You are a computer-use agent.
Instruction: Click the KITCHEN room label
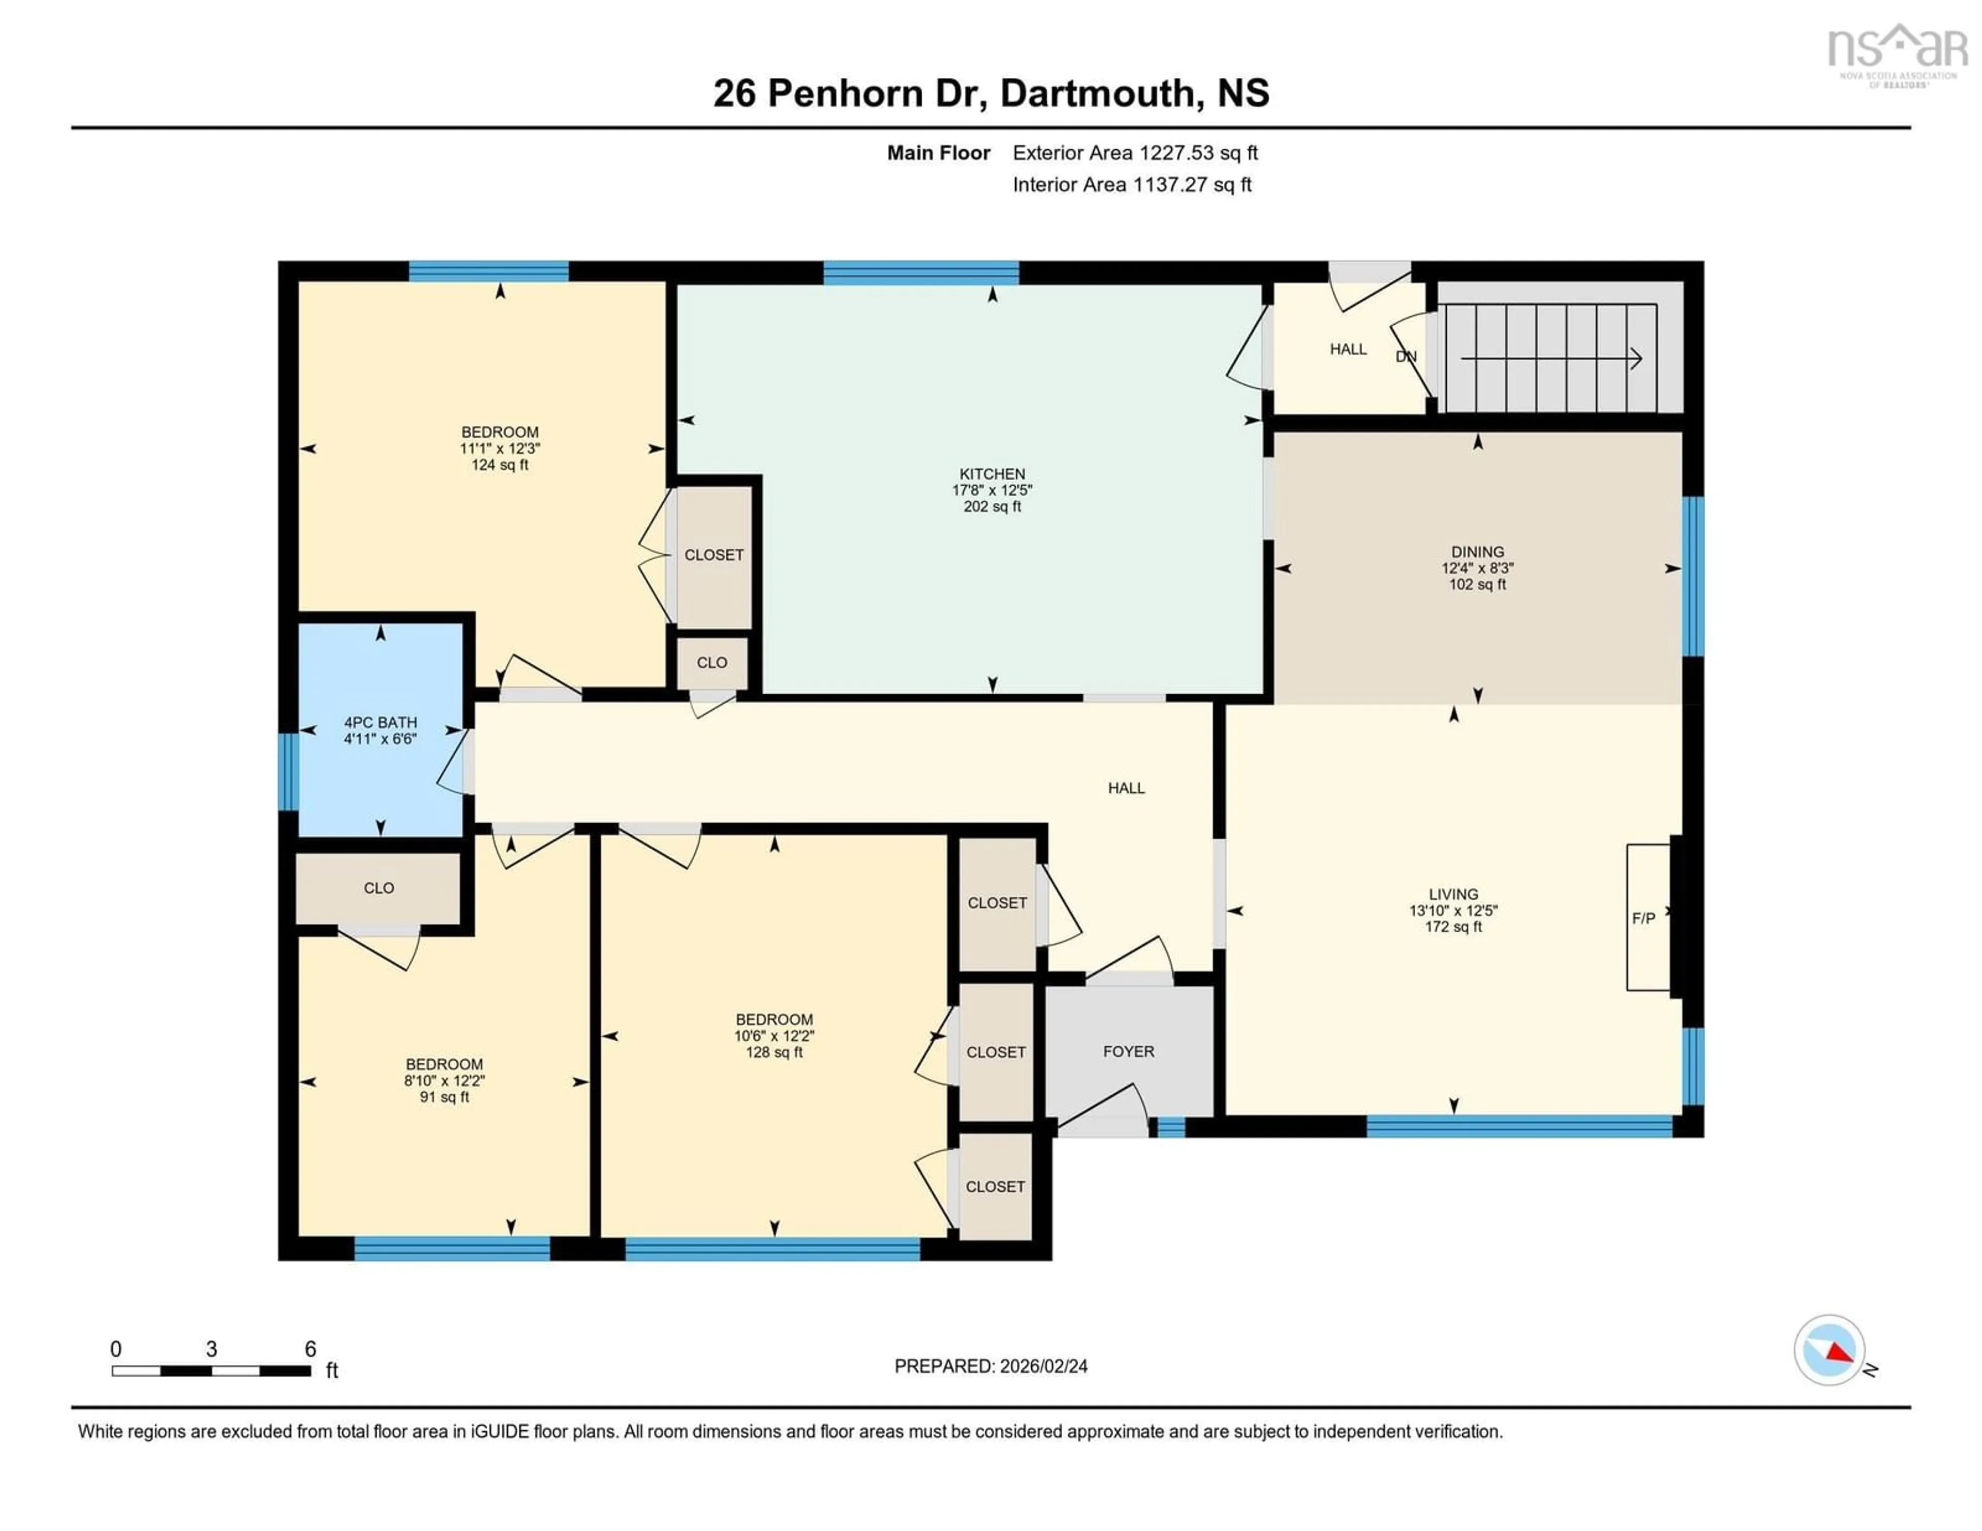coord(992,474)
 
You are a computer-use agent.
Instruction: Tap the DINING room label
coord(1477,552)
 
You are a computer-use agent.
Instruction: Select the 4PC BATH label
coord(380,722)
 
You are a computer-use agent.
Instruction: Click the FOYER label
coord(1128,1051)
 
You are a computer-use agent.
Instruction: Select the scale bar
coord(212,1370)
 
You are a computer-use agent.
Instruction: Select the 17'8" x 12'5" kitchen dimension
coord(992,490)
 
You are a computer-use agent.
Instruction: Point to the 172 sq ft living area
coord(1453,927)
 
